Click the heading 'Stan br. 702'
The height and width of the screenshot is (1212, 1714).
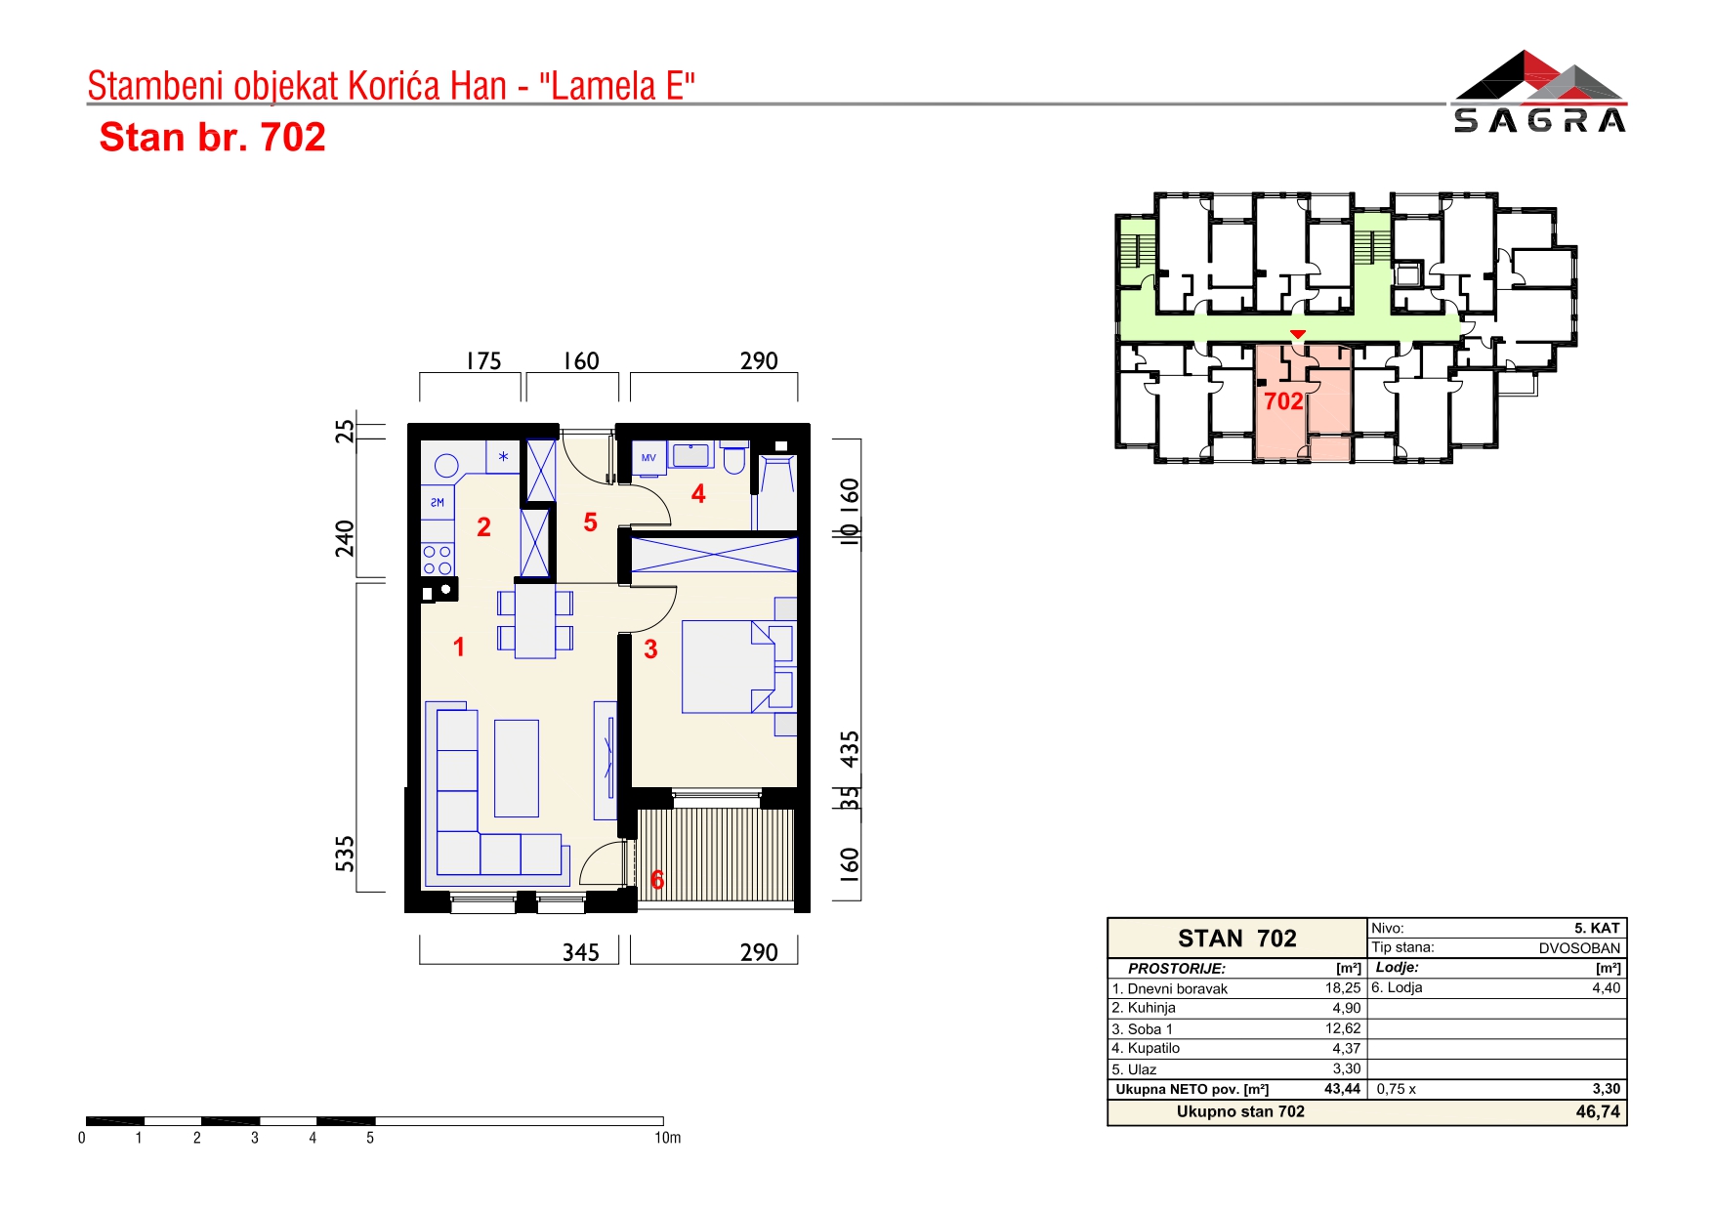(x=212, y=138)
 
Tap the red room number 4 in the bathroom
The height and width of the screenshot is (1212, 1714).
(x=698, y=494)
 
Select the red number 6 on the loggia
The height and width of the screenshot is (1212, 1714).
(x=657, y=880)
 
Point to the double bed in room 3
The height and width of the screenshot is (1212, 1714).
(x=738, y=666)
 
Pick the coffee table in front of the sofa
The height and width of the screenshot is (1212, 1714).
(x=517, y=768)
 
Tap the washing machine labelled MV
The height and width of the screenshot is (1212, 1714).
(x=648, y=458)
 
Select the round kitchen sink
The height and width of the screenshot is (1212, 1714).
(x=446, y=466)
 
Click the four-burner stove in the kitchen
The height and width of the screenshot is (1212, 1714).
(x=438, y=560)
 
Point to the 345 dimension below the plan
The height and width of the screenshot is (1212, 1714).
(x=580, y=952)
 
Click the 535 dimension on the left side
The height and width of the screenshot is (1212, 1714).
(x=345, y=854)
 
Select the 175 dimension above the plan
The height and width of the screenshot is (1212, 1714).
(x=483, y=361)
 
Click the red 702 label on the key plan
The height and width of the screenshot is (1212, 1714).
(x=1283, y=401)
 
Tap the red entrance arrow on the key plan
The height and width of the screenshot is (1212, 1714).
(x=1297, y=335)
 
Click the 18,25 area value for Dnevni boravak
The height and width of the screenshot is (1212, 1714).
(x=1343, y=988)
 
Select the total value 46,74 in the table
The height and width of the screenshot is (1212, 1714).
(x=1598, y=1111)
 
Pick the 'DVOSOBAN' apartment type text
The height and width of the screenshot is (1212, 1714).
(x=1579, y=948)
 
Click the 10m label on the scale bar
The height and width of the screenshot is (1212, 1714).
(x=668, y=1138)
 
